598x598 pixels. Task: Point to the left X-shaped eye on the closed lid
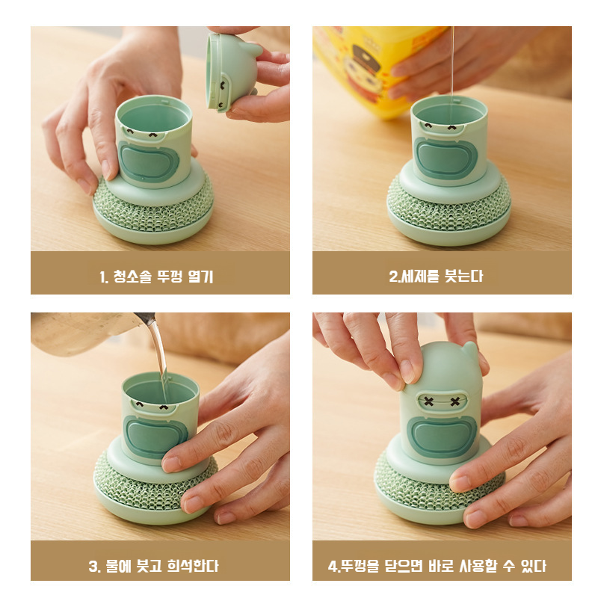(429, 401)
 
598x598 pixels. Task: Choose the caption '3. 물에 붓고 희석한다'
(159, 565)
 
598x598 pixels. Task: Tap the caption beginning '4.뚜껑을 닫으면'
(441, 565)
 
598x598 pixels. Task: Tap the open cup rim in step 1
(153, 105)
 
